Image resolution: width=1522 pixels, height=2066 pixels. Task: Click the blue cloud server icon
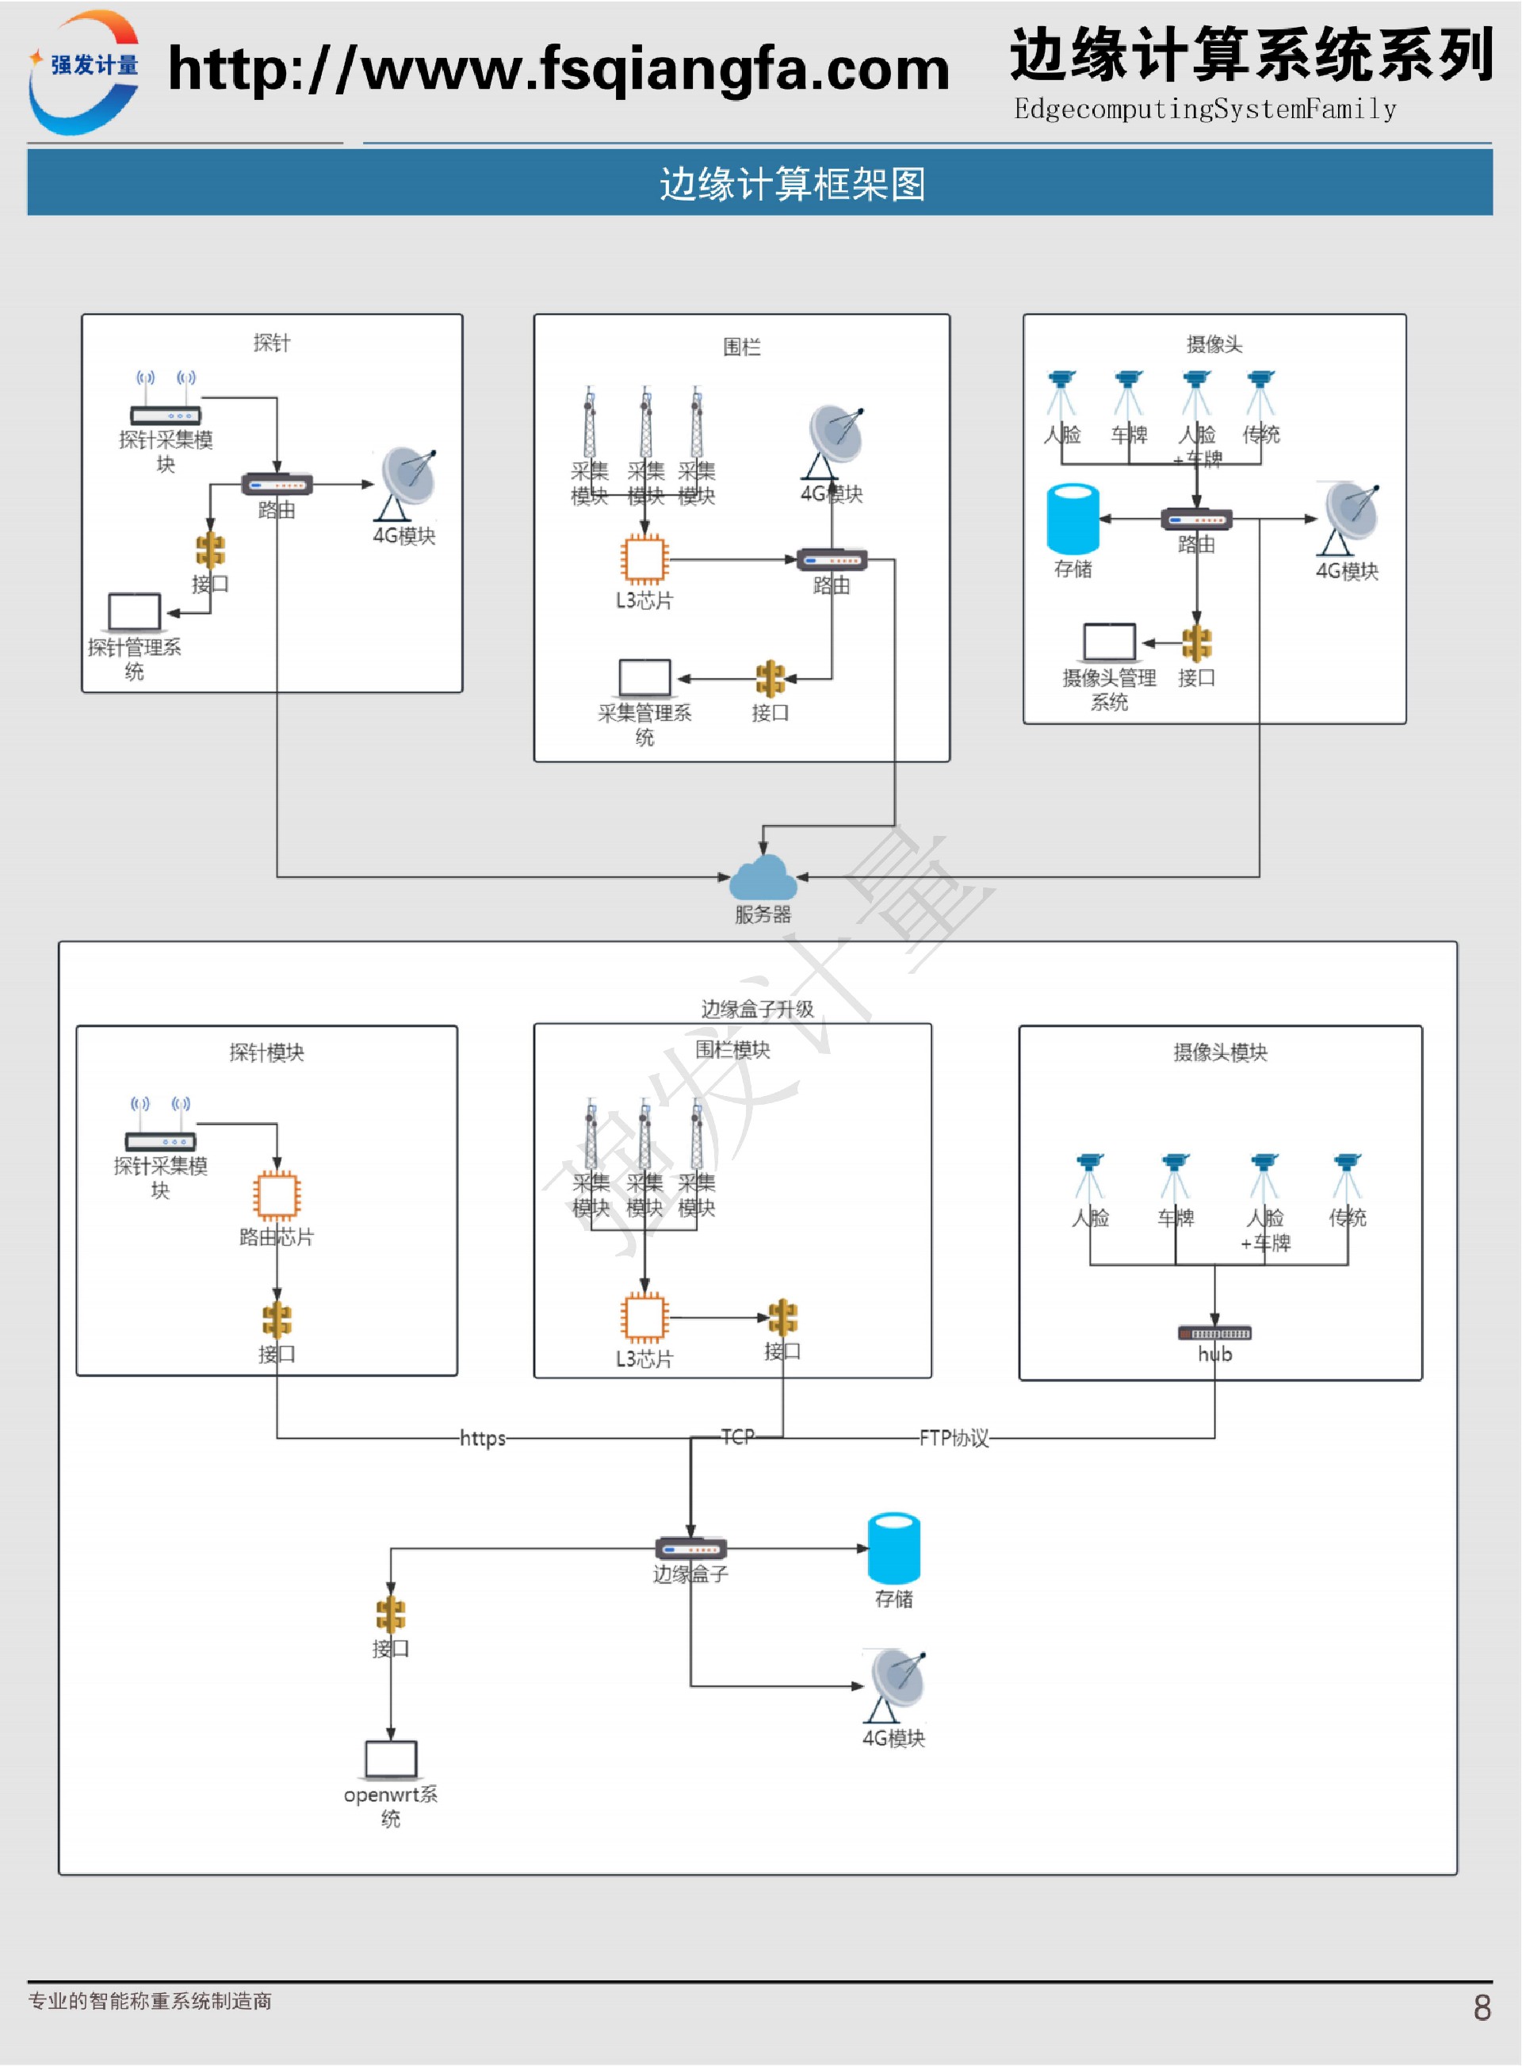763,878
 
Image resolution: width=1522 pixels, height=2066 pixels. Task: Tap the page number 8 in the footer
1482,2007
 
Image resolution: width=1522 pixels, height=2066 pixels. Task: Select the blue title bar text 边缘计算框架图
793,184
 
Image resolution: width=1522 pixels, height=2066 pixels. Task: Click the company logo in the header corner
85,72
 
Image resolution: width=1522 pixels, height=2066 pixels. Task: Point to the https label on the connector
483,1438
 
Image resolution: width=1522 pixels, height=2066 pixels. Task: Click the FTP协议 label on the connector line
954,1438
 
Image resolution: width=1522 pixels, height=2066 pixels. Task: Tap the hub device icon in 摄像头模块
1214,1333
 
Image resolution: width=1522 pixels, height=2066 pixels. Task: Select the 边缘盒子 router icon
691,1549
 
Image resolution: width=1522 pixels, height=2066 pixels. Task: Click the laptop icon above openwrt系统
391,1759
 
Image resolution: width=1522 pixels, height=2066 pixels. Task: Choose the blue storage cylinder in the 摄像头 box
1073,519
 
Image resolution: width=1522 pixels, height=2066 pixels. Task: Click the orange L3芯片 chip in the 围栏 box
644,559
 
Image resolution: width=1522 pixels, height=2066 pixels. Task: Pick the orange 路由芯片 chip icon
277,1195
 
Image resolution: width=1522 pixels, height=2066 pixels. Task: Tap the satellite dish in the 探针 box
407,483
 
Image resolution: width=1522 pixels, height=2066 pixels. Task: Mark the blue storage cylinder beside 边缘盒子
893,1547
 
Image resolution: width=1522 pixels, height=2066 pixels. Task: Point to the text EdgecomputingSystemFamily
1205,109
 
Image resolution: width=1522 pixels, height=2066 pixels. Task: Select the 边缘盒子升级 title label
757,1009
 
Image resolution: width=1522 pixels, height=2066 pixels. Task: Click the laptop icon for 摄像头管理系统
1108,642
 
